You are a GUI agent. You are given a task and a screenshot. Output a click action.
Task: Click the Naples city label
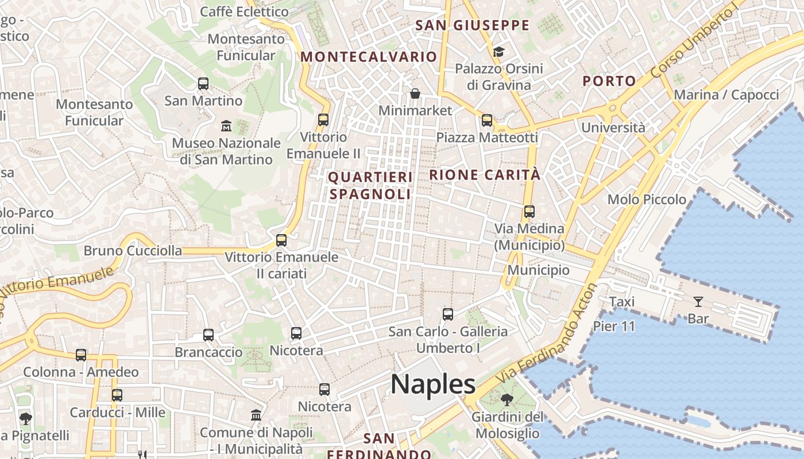tap(433, 384)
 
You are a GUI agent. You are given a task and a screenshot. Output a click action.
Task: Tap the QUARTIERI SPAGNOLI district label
tap(370, 186)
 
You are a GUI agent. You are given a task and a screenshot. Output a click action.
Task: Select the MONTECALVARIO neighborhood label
tap(369, 57)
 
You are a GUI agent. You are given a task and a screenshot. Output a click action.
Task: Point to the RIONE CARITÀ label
tap(485, 175)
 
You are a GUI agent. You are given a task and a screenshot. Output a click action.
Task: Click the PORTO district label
tap(609, 81)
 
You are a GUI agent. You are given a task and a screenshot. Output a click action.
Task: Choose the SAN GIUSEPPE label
tap(472, 25)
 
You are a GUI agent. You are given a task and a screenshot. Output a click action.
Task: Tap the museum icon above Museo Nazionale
tap(226, 126)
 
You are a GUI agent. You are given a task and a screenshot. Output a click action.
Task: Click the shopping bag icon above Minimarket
tap(415, 93)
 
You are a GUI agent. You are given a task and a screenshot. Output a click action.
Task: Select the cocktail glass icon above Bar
tap(698, 301)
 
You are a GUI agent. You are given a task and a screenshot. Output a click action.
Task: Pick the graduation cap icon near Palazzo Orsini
tap(498, 52)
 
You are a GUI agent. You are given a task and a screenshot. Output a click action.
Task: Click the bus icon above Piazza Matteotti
tap(487, 120)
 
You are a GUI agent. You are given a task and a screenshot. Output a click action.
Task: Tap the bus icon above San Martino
tap(203, 84)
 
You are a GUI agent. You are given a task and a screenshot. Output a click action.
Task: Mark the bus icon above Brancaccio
tap(208, 334)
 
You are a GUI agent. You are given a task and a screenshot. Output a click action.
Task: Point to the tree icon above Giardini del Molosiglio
tap(507, 399)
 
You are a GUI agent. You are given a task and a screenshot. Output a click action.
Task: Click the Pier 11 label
tap(614, 326)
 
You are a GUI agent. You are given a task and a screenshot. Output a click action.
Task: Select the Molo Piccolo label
tap(647, 200)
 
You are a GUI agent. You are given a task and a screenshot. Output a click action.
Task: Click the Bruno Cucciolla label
tap(133, 251)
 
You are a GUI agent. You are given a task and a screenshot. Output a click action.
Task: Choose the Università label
tap(613, 127)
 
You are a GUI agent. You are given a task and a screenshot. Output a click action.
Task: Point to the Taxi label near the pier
tap(621, 302)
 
